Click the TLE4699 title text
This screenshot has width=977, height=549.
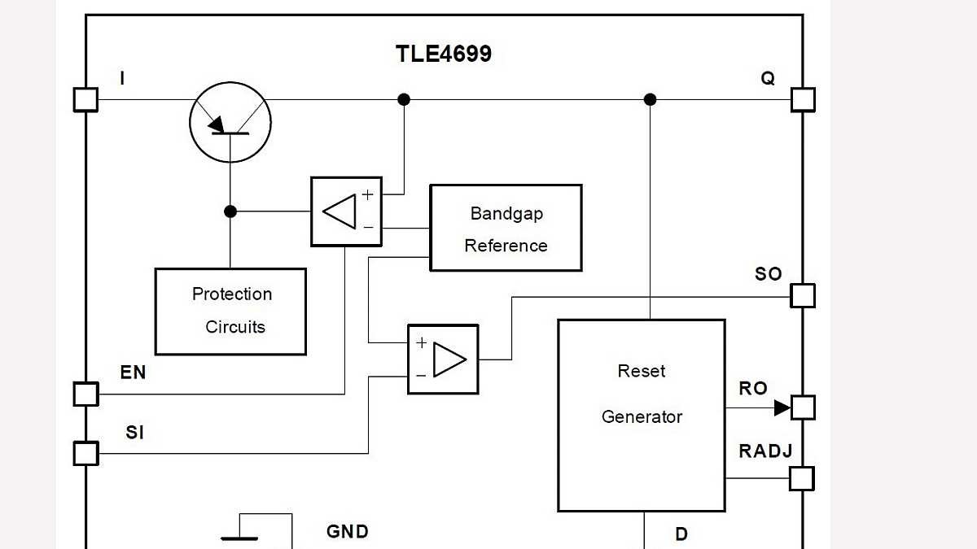pos(443,54)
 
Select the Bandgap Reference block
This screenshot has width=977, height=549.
pos(506,228)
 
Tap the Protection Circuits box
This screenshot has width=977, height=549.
pos(230,312)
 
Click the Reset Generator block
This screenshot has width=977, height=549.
pos(641,415)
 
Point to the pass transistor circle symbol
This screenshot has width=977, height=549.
pos(230,122)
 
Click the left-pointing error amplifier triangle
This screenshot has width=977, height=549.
pos(340,211)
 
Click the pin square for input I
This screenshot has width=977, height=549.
pos(85,99)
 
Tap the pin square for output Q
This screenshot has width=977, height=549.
pos(803,99)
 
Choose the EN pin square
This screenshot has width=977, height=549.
pos(85,394)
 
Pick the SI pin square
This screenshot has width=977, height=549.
pos(85,453)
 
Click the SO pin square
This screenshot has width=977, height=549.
pos(803,296)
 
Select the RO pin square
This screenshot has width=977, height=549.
pos(803,407)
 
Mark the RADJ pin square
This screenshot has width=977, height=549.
pos(803,478)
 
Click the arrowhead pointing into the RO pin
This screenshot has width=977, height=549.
pos(782,407)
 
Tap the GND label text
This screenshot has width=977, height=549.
pos(348,532)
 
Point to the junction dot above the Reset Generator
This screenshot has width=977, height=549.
pos(650,99)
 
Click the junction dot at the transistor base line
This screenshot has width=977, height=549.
pos(230,211)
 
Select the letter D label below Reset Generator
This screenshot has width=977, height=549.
pos(681,534)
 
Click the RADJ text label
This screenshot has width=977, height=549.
pos(765,451)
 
